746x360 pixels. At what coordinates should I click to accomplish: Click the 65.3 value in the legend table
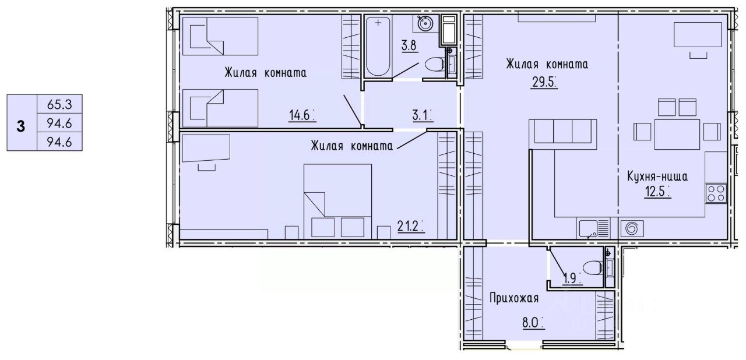coord(59,105)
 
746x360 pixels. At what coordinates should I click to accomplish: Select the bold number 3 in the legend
coord(20,127)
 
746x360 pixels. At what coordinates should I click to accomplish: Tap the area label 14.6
coord(300,115)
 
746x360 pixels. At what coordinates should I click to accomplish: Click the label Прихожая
coord(514,298)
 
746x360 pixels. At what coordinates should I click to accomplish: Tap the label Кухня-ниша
coord(657,177)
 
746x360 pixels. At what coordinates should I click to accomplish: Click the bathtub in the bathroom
coord(378,47)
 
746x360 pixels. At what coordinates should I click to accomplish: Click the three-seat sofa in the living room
coord(563,132)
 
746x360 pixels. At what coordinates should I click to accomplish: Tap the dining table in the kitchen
coord(677,135)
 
